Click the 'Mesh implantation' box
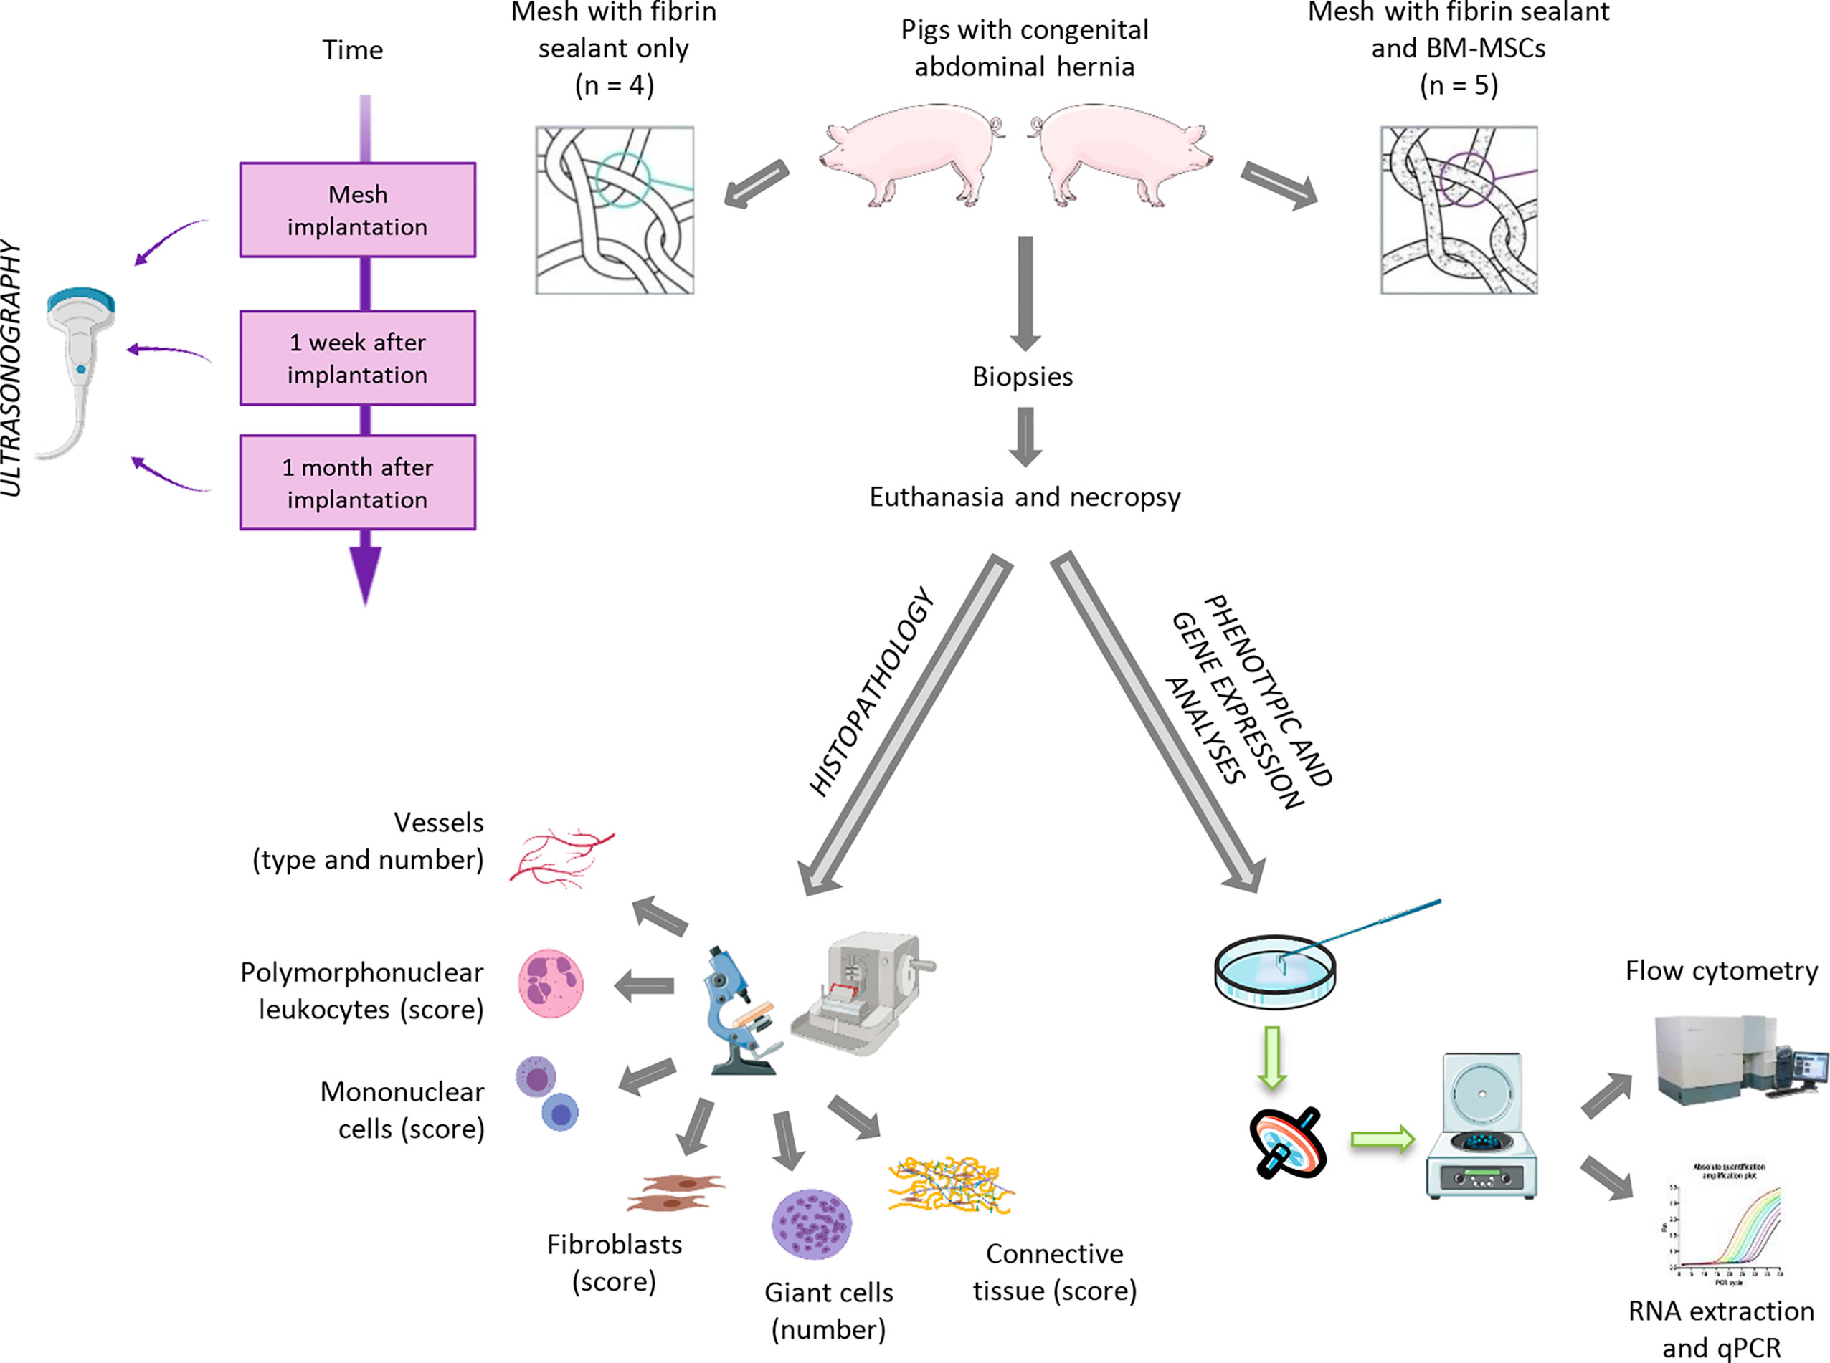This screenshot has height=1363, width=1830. [x=357, y=209]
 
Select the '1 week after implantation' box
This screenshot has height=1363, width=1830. [x=357, y=358]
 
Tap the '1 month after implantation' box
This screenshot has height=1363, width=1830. [x=357, y=483]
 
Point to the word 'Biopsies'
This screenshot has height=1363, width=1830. [x=1022, y=376]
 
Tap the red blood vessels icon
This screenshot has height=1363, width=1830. [x=561, y=858]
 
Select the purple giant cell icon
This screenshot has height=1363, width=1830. [x=812, y=1223]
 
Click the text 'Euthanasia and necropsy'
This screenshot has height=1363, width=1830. [x=1025, y=497]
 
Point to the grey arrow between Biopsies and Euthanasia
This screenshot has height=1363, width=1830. [x=1025, y=436]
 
